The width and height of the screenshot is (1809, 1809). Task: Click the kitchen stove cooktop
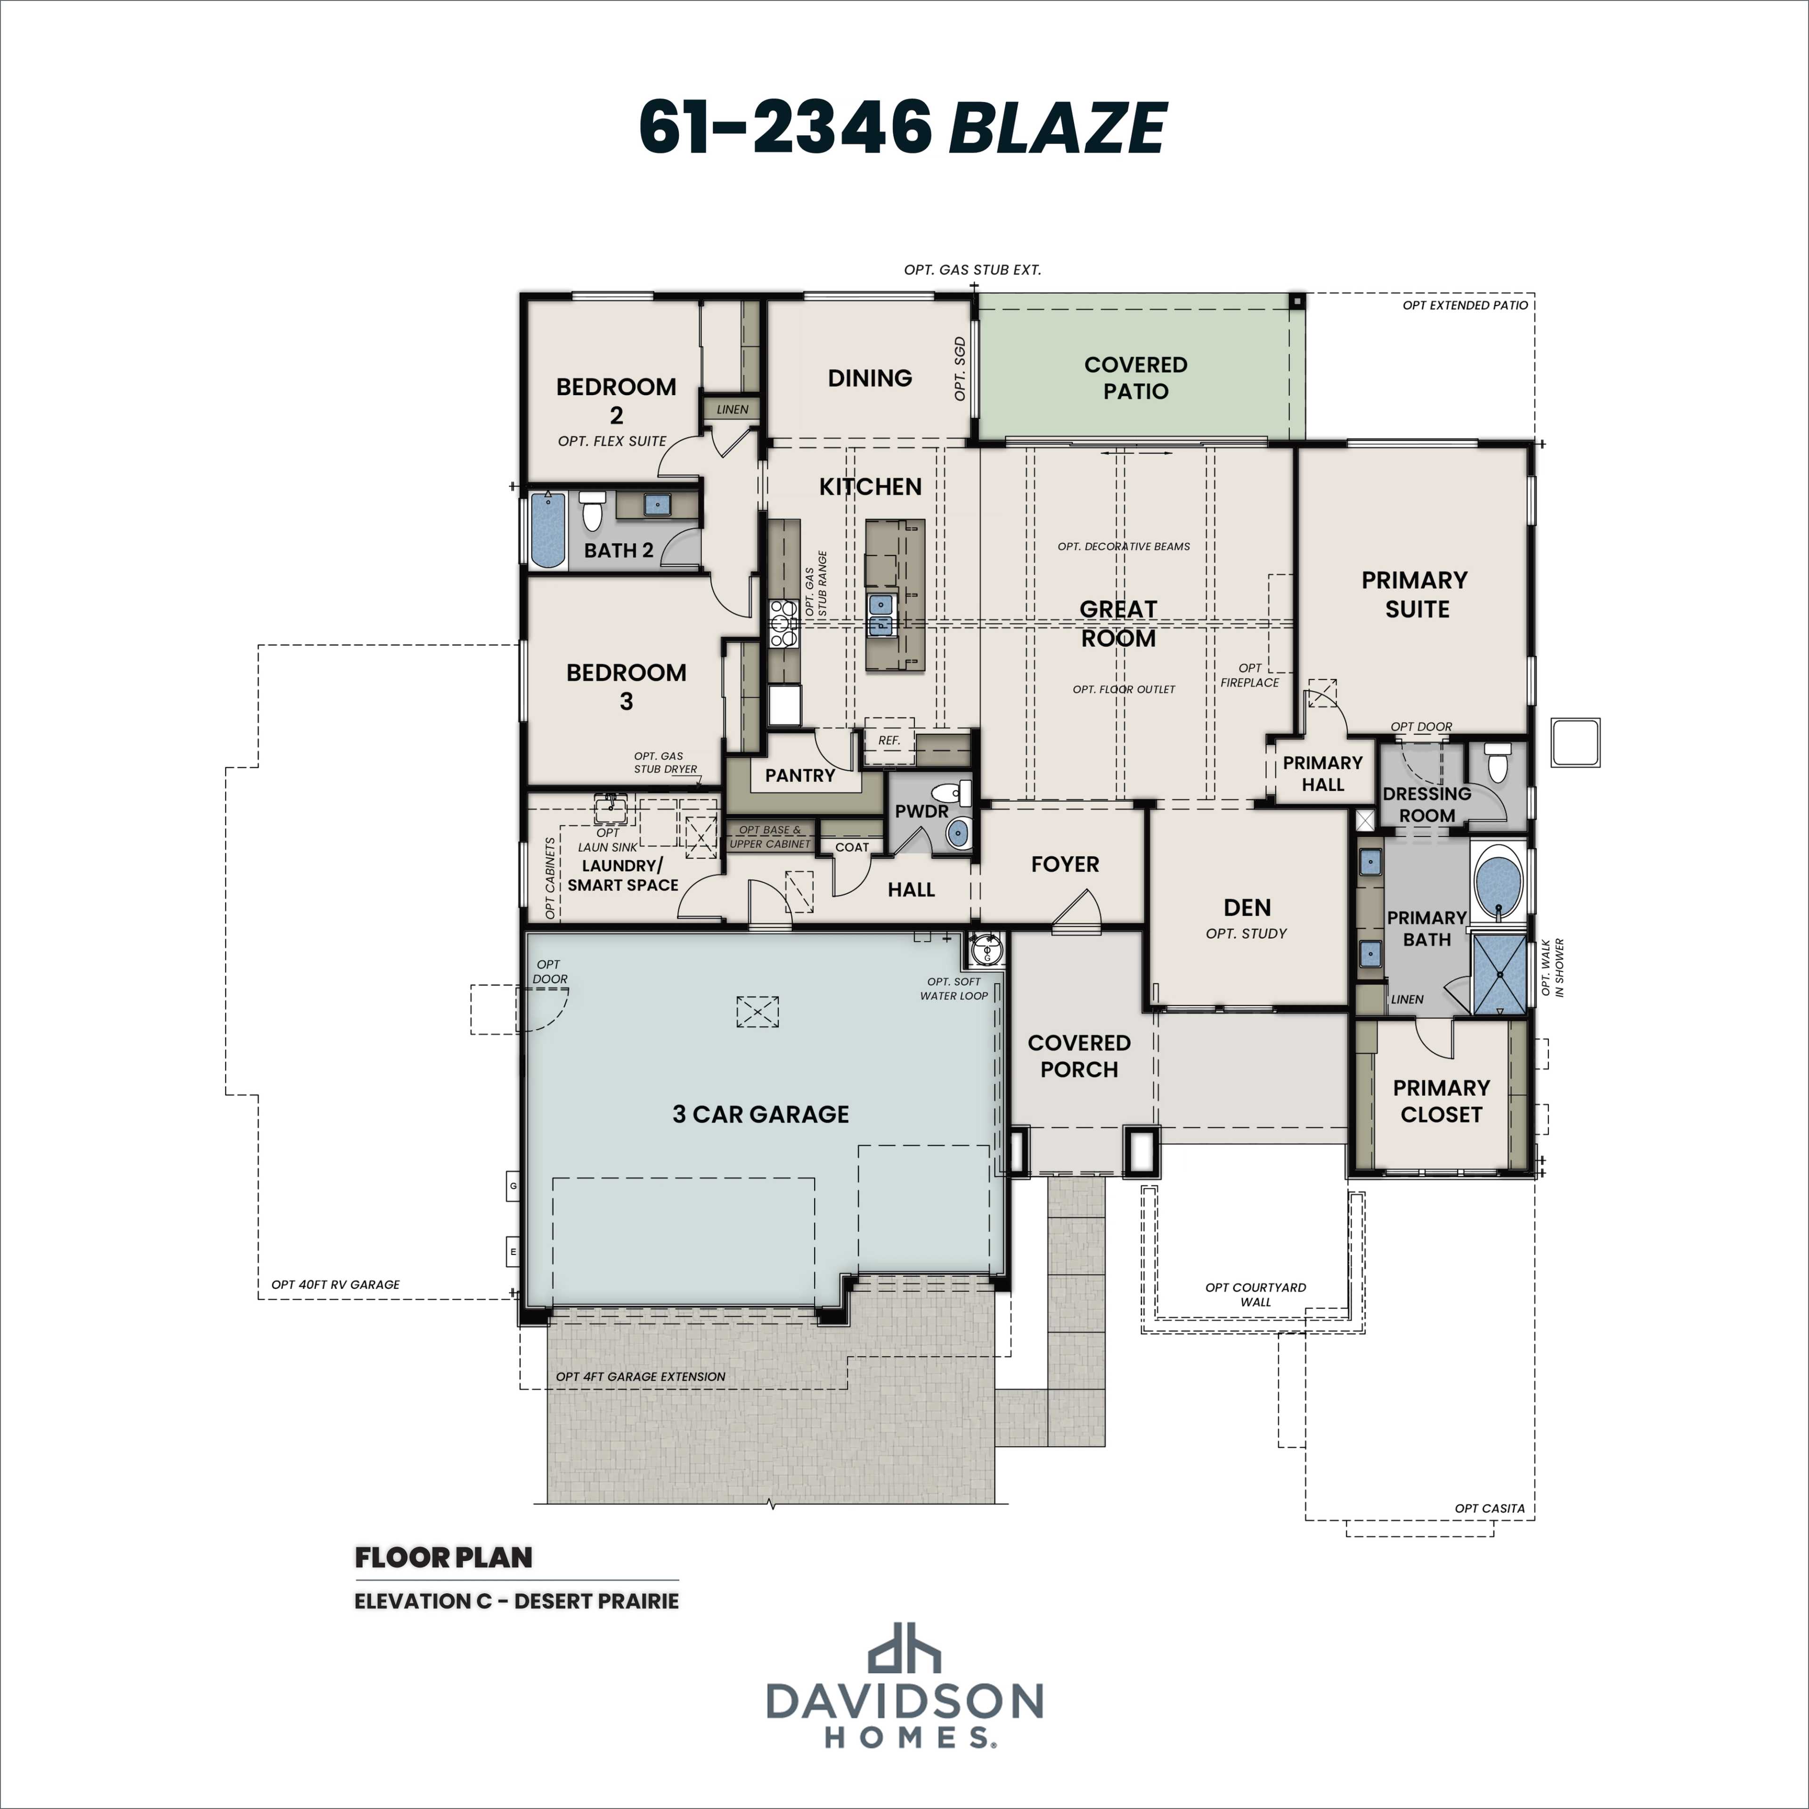click(x=783, y=624)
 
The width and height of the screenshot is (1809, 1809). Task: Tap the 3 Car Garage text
click(x=760, y=1114)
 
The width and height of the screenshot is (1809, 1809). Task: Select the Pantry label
click(x=799, y=775)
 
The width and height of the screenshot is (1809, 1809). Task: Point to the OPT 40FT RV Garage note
click(x=335, y=1285)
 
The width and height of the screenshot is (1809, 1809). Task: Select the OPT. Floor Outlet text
click(x=1124, y=689)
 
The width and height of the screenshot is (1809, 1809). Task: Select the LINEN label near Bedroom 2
click(x=732, y=409)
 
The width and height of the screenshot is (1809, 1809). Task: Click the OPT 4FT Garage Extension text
click(x=641, y=1377)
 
